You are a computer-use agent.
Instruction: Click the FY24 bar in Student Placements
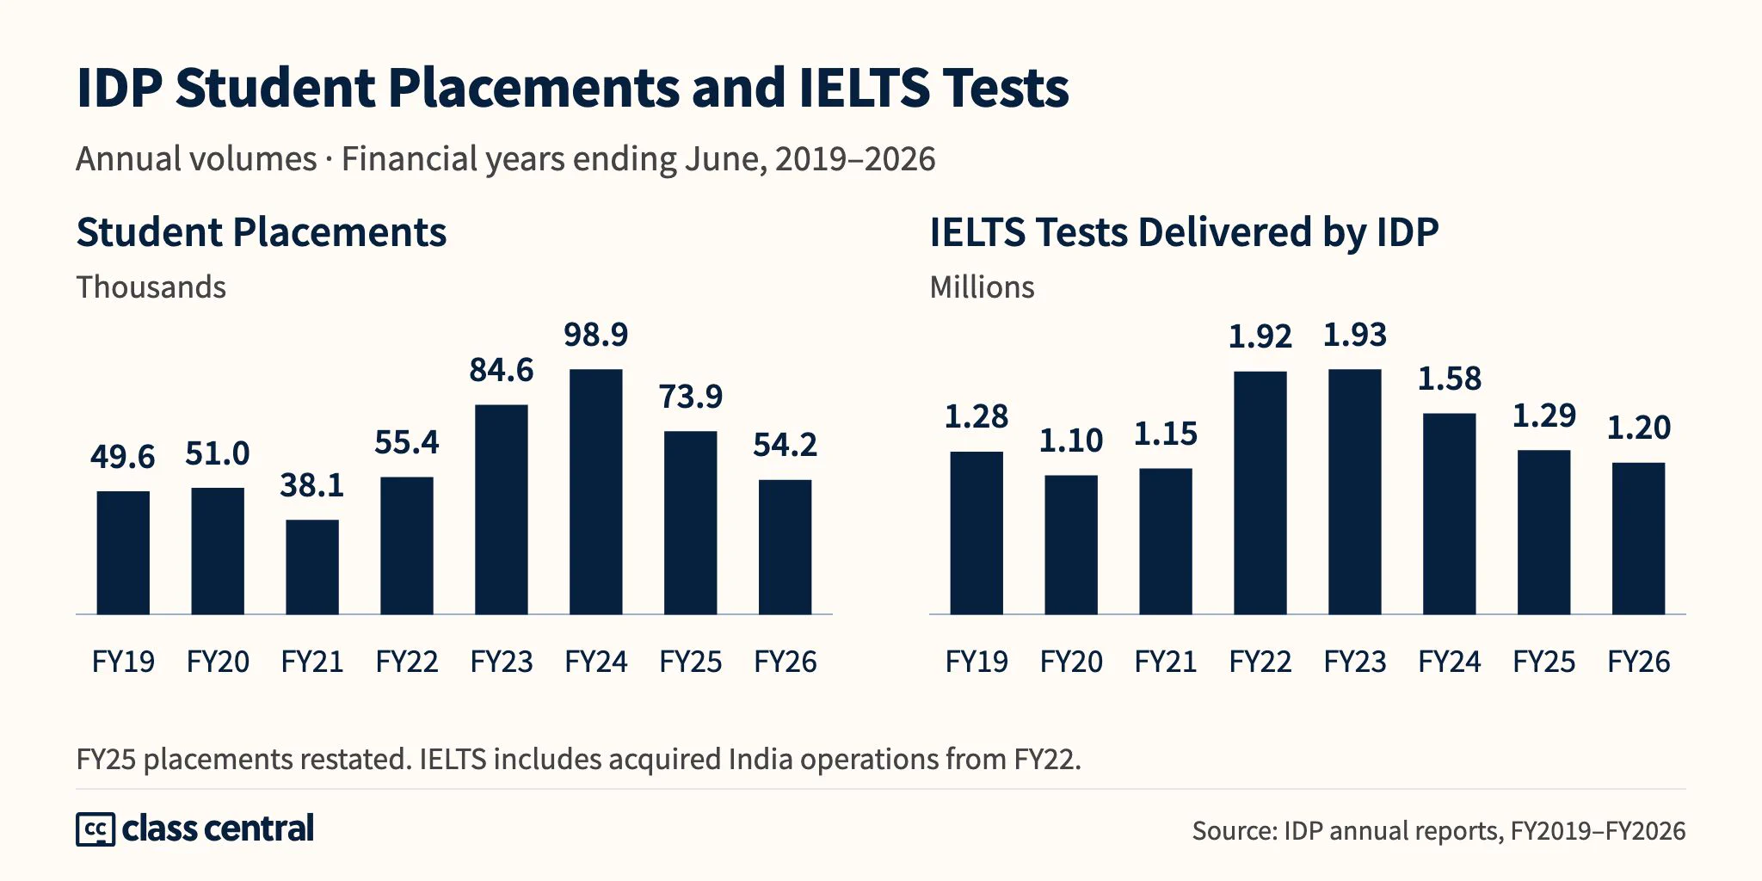(595, 491)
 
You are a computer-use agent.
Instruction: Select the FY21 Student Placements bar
(312, 567)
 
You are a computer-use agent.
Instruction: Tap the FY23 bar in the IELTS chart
(1355, 491)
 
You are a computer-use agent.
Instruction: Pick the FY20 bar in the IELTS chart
(1071, 545)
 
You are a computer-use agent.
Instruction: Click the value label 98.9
(596, 335)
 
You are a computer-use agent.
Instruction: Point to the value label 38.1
(312, 486)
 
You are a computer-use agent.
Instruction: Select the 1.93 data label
(1355, 335)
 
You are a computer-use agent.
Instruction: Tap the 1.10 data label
(1071, 440)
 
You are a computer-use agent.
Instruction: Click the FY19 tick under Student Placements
(123, 662)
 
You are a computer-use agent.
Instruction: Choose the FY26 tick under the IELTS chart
(1639, 662)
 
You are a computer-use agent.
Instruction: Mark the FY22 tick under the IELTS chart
(1260, 662)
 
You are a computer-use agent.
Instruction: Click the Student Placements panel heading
(262, 232)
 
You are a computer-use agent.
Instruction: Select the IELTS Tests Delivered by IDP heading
(1184, 232)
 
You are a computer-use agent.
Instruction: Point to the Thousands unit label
(151, 287)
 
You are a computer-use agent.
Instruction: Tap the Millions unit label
(983, 287)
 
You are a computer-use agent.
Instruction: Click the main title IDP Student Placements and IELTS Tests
(573, 88)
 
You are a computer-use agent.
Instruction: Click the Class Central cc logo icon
(95, 829)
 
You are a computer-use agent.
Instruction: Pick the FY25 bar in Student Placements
(690, 522)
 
